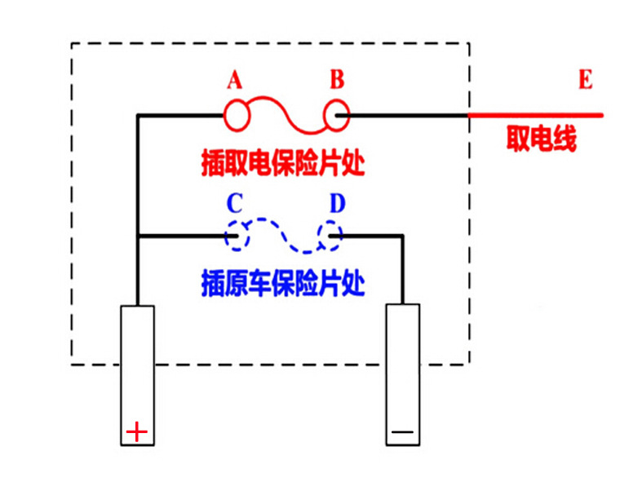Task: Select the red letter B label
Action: pyautogui.click(x=337, y=80)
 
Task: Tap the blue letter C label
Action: pyautogui.click(x=234, y=203)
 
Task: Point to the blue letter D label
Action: pyautogui.click(x=337, y=203)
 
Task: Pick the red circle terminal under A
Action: pyautogui.click(x=236, y=116)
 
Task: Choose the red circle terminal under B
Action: pyautogui.click(x=336, y=116)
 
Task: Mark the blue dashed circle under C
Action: pyautogui.click(x=236, y=237)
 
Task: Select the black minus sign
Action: pyautogui.click(x=402, y=431)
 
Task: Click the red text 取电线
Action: pyautogui.click(x=542, y=140)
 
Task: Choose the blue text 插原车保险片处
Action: pyautogui.click(x=281, y=282)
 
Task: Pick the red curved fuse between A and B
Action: pyautogui.click(x=286, y=114)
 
